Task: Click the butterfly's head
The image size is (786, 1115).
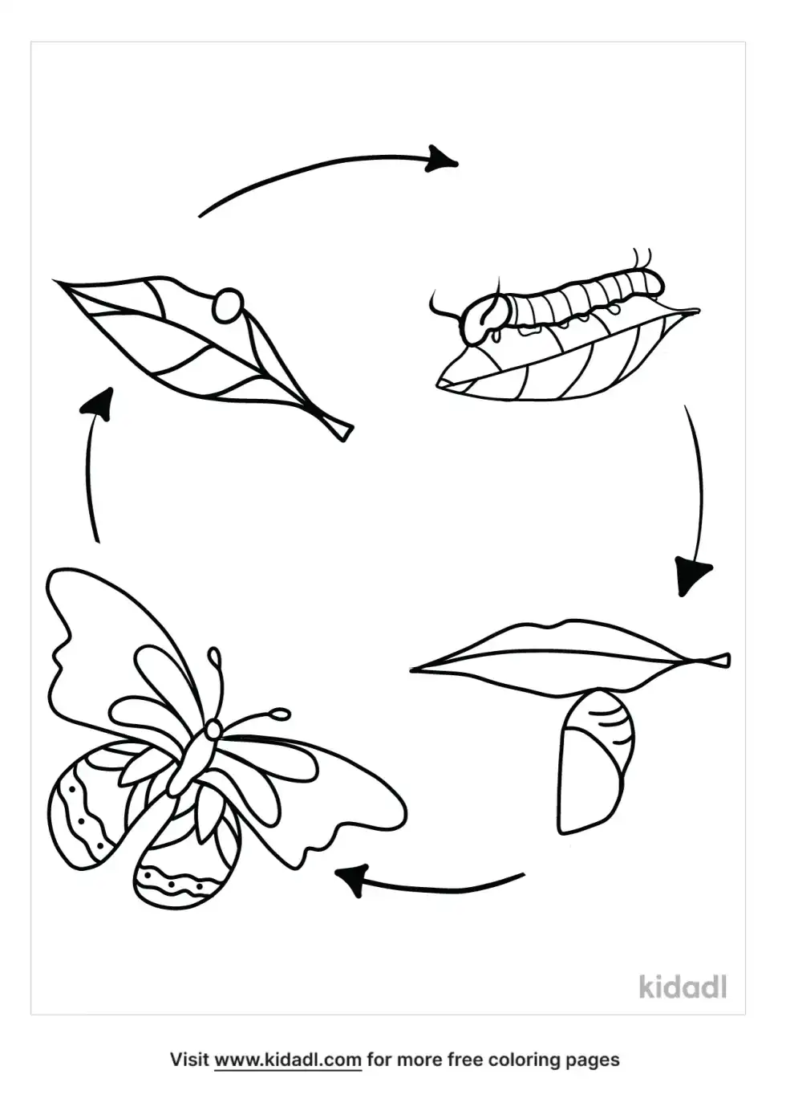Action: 214,730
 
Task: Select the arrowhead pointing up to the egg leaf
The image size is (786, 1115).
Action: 98,405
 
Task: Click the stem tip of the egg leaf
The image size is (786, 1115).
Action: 346,432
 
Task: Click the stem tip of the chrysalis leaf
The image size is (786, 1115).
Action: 727,661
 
